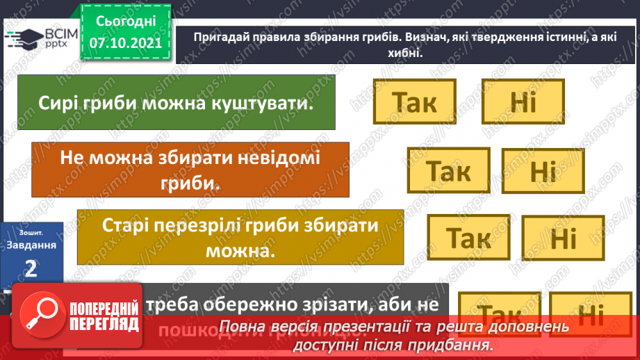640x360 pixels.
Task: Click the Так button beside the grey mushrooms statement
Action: tap(414, 101)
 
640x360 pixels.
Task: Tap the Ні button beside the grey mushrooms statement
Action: tap(523, 101)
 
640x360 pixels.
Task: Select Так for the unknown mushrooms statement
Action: tap(448, 170)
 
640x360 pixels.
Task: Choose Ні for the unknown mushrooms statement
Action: tap(543, 171)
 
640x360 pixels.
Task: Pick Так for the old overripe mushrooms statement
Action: tap(468, 237)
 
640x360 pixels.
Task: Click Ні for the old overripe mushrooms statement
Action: tap(563, 238)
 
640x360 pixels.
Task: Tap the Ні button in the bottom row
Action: tap(591, 316)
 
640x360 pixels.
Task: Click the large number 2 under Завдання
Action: tap(31, 268)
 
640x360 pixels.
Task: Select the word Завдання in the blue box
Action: tap(31, 245)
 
